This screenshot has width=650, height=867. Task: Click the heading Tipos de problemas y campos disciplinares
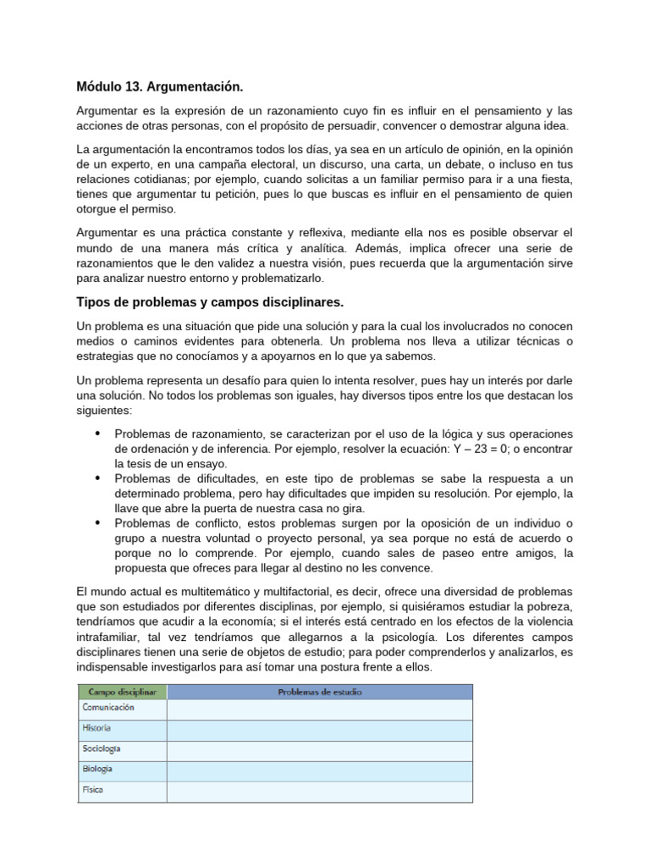click(x=210, y=302)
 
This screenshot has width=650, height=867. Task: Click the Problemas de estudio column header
click(x=319, y=692)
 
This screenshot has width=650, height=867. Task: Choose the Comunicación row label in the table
click(x=107, y=708)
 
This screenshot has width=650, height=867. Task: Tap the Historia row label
click(x=96, y=728)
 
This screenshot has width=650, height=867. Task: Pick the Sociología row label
click(x=101, y=748)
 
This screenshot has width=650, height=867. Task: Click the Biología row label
click(x=97, y=770)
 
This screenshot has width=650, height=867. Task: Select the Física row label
click(x=92, y=790)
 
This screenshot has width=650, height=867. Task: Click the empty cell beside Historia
click(x=319, y=729)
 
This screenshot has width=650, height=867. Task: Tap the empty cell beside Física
click(x=319, y=791)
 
